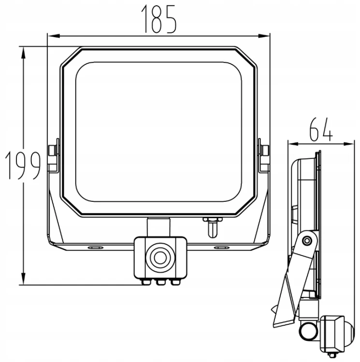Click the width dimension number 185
point(159,19)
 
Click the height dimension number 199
point(23,166)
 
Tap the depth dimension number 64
point(321,129)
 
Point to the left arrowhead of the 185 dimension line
point(54,36)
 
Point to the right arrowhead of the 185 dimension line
point(264,36)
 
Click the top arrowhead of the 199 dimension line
point(23,53)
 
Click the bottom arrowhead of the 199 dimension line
point(23,278)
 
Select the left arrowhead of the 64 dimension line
point(294,144)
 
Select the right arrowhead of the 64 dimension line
point(348,144)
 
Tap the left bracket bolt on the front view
point(53,150)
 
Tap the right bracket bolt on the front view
point(265,150)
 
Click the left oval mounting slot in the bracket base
point(95,248)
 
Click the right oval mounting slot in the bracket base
point(222,248)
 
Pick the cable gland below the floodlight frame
point(212,227)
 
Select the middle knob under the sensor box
point(160,282)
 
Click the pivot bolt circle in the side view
point(307,241)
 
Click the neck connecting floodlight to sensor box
point(159,228)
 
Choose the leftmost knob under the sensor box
point(146,282)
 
